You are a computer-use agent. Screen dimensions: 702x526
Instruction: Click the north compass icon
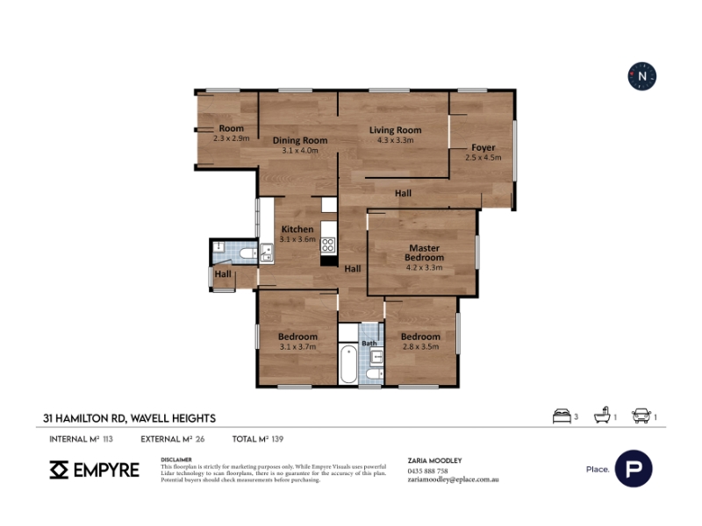point(642,76)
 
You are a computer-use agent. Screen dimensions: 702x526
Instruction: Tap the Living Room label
point(396,130)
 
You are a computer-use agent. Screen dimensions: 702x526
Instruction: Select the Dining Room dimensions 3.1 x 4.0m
point(300,151)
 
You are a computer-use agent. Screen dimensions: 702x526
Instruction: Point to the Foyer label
point(484,147)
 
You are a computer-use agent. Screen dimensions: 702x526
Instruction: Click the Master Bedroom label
point(424,252)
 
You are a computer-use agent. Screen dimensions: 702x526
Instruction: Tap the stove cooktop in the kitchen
point(327,245)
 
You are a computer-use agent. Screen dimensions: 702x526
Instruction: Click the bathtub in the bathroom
point(348,363)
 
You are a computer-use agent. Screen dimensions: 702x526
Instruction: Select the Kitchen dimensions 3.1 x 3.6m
point(297,239)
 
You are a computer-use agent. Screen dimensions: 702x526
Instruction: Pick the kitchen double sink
point(267,252)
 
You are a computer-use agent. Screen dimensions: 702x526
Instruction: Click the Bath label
point(369,343)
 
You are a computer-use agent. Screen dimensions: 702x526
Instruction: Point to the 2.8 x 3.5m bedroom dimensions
point(420,346)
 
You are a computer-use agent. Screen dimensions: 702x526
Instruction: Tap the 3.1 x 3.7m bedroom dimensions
point(297,346)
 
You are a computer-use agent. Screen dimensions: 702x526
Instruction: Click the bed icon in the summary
point(562,416)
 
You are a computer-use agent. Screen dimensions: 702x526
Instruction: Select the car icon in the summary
point(641,416)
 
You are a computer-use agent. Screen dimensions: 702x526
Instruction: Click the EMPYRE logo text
point(106,470)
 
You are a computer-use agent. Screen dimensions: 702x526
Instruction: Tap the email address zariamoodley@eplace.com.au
point(453,480)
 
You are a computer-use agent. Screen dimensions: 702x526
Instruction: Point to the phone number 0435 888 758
point(427,471)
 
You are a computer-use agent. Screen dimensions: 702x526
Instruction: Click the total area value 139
point(277,439)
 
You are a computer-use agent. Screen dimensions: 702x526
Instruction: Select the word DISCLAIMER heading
point(176,459)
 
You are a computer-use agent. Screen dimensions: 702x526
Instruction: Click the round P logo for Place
point(634,469)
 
